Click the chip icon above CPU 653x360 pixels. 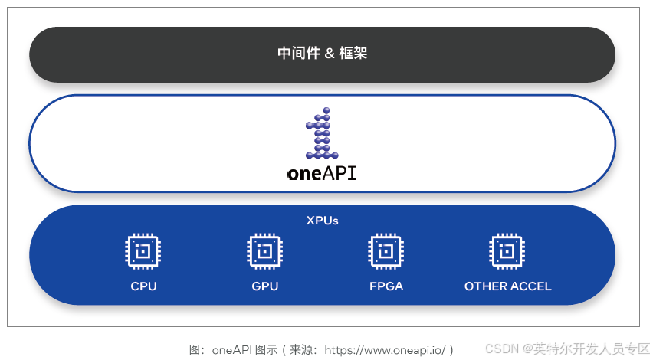coord(143,251)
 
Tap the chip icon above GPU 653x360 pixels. coord(265,251)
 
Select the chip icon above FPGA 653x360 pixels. coord(386,251)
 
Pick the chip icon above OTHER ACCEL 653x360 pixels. coord(507,251)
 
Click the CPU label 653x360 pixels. coord(143,286)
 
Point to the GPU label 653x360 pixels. coord(265,286)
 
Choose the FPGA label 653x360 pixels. coord(386,286)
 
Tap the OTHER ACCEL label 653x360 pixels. coord(507,286)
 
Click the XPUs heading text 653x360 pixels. coord(322,221)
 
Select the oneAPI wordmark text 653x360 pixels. coord(322,173)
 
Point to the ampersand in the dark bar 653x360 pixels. coord(329,54)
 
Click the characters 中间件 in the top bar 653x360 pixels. coord(298,54)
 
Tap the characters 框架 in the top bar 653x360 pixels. coord(355,54)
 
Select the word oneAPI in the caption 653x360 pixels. coord(232,349)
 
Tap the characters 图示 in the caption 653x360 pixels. coord(266,349)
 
